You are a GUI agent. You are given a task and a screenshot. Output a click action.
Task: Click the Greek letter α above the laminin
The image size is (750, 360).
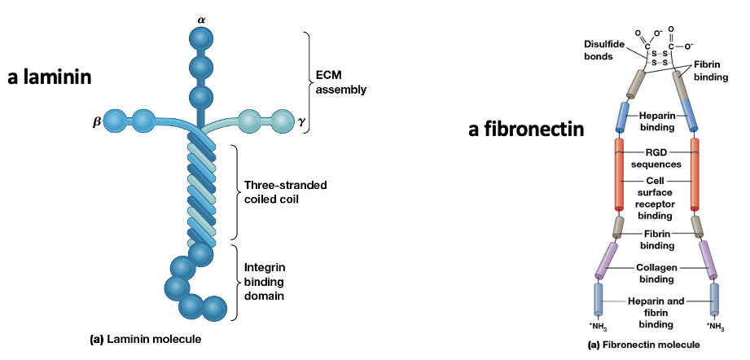200,16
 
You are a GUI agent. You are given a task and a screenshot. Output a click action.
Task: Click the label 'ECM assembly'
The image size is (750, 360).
340,83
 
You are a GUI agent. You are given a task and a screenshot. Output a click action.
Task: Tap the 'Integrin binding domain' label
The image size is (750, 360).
265,281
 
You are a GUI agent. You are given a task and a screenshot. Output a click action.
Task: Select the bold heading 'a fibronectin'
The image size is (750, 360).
526,130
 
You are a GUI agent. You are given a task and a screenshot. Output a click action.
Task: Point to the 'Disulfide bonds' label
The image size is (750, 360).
604,50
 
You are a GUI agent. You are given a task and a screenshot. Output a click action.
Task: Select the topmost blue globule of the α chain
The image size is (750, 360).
200,38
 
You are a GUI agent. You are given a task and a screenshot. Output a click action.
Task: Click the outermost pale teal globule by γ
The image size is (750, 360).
282,121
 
